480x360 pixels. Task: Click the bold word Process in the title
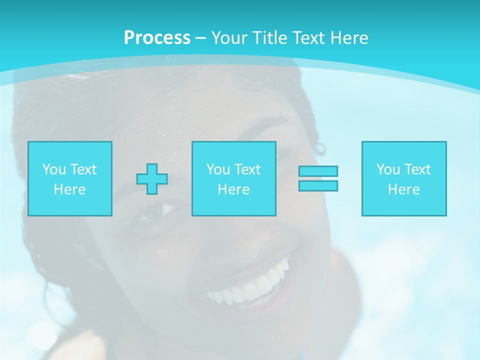(x=157, y=37)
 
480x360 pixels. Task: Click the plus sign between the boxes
(x=152, y=179)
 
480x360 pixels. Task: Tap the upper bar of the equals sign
(x=318, y=171)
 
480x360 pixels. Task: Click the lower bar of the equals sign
(x=318, y=185)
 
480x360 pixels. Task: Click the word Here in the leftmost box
(x=69, y=189)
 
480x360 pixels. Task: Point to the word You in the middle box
(x=218, y=169)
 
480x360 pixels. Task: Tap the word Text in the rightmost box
(x=418, y=169)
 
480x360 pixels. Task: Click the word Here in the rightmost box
(x=403, y=189)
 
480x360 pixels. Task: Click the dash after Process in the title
(x=200, y=38)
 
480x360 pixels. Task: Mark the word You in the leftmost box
(x=54, y=169)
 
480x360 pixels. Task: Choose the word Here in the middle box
(x=233, y=189)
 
